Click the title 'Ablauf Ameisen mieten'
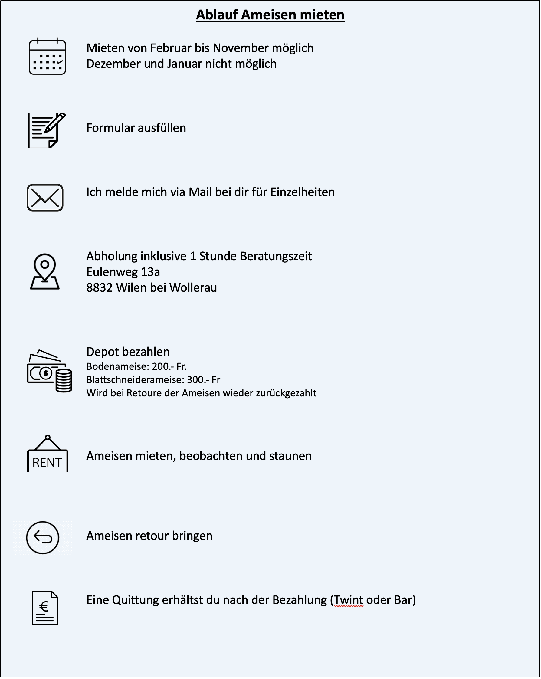pos(270,15)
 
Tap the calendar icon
pos(47,57)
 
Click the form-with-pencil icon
pos(46,130)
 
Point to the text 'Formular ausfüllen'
pos(136,128)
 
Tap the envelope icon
pos(45,198)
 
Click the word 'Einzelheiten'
pos(302,192)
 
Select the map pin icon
pos(45,272)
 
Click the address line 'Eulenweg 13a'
pos(123,272)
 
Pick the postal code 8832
pos(99,288)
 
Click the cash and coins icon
pos(49,371)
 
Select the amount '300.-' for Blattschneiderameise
pos(198,380)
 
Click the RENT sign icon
pos(47,454)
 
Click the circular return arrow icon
pos(43,538)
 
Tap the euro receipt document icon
pos(45,608)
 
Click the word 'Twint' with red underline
pos(348,600)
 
